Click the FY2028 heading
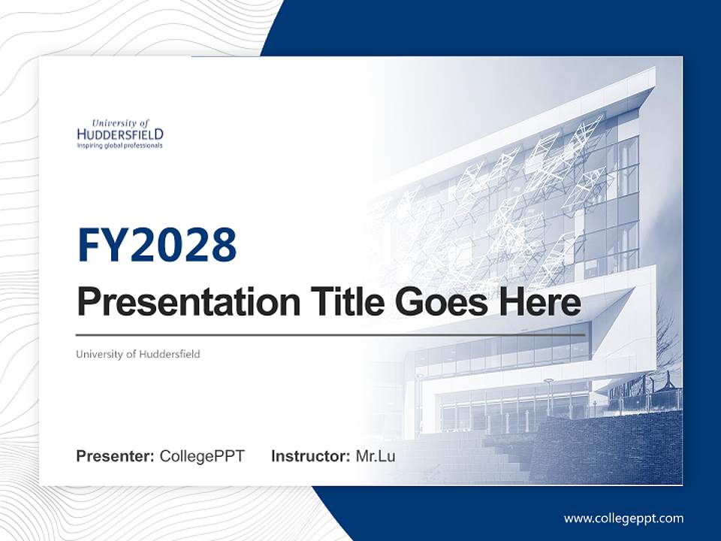(x=157, y=245)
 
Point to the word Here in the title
(x=543, y=303)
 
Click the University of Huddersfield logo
(x=120, y=133)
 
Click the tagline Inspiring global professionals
(x=119, y=146)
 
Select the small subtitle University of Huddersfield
(x=138, y=354)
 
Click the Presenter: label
(x=115, y=456)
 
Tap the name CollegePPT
(x=202, y=456)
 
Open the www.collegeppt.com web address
(x=623, y=518)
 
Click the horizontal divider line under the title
(x=330, y=334)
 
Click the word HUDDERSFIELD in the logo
(x=120, y=134)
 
